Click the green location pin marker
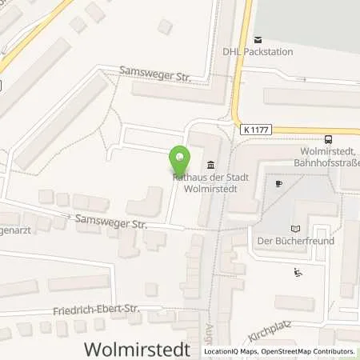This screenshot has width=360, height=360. click(x=180, y=158)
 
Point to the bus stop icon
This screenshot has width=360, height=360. click(x=328, y=138)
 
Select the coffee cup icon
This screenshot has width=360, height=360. click(x=278, y=183)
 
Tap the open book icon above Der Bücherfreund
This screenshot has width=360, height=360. click(x=298, y=227)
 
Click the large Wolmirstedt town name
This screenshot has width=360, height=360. click(x=138, y=349)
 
